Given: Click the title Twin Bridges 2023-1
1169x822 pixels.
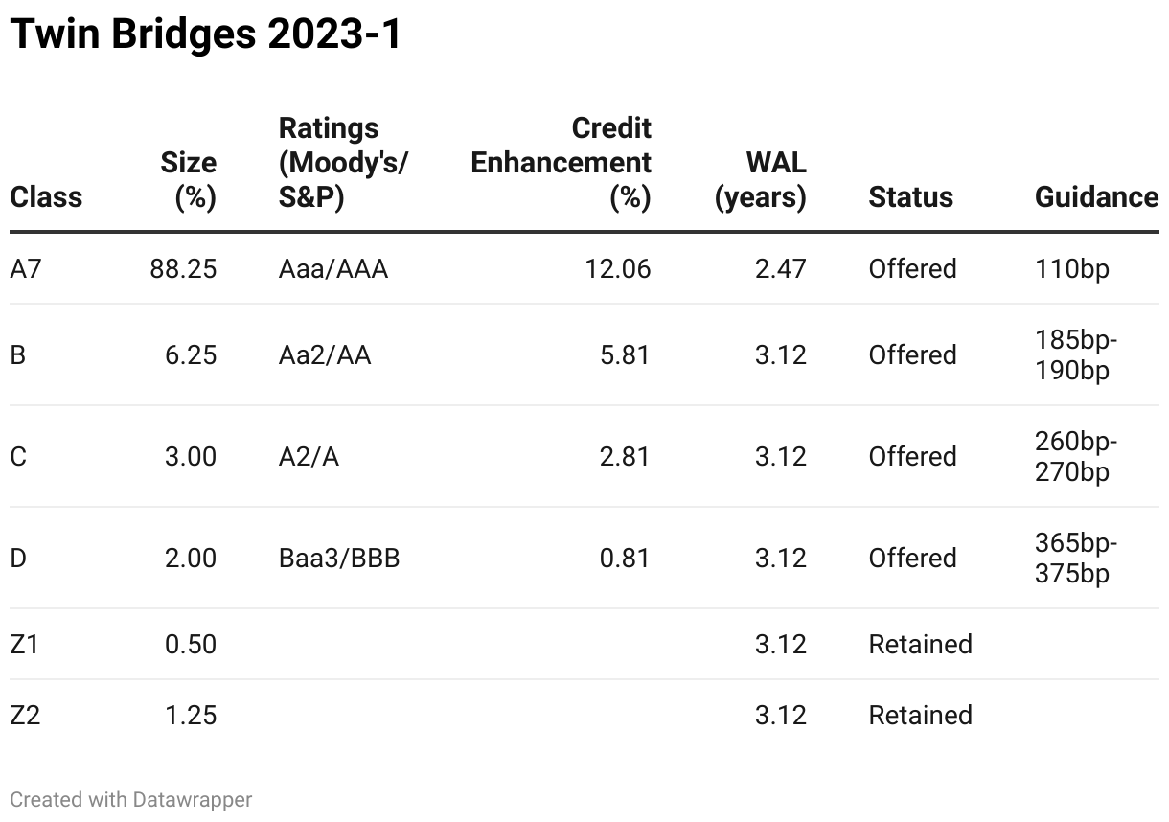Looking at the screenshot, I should tap(205, 35).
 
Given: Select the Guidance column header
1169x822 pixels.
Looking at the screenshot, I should tap(1096, 197).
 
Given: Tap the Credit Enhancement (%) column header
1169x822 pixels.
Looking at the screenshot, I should tap(562, 163).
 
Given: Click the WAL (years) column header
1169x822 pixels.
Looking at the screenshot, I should tap(761, 180).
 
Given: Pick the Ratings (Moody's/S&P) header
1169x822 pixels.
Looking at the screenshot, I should tap(343, 163).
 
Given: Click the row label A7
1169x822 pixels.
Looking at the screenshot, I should tap(26, 269).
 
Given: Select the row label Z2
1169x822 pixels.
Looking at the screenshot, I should tap(26, 716).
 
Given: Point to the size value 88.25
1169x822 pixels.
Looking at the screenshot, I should tap(183, 269).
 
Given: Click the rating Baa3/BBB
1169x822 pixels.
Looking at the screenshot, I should tap(338, 559).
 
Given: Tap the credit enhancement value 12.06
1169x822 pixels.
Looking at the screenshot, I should tap(617, 269).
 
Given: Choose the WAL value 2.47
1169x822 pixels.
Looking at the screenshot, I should tap(780, 269).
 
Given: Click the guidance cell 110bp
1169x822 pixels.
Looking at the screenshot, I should tap(1071, 269).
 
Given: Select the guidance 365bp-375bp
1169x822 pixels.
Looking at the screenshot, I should tap(1076, 559).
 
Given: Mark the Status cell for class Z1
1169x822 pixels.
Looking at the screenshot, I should tap(920, 645).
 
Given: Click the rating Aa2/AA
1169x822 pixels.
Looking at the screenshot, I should tap(324, 355).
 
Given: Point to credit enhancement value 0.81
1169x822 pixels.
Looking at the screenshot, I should tap(624, 559).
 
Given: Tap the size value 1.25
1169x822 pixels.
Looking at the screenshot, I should tap(190, 716).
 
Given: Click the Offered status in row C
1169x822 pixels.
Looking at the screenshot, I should tap(912, 457).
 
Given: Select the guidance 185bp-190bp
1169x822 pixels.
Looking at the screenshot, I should tap(1076, 355).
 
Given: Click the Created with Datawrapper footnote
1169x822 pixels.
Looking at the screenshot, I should tap(130, 799).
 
